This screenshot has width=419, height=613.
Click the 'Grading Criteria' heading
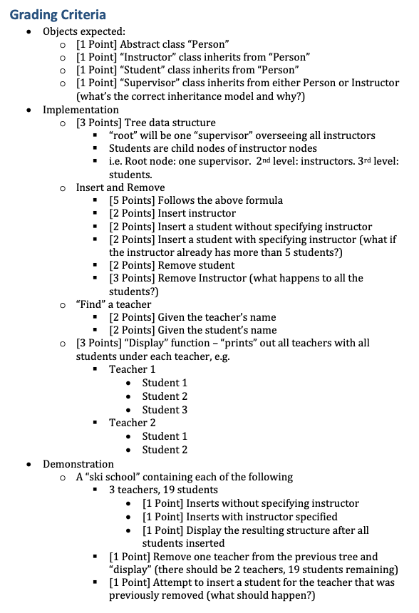coord(58,14)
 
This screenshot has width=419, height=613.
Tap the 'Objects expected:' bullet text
coord(84,31)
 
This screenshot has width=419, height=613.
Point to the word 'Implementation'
coord(81,110)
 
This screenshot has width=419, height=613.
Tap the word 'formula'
coord(263,200)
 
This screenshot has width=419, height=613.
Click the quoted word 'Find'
coord(90,304)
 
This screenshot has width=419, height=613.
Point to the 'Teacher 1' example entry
coord(132,369)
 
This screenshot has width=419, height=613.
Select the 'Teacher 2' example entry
coord(132,423)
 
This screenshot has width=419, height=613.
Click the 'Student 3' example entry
coord(165,410)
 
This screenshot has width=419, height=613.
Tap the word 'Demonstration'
coord(78,464)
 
